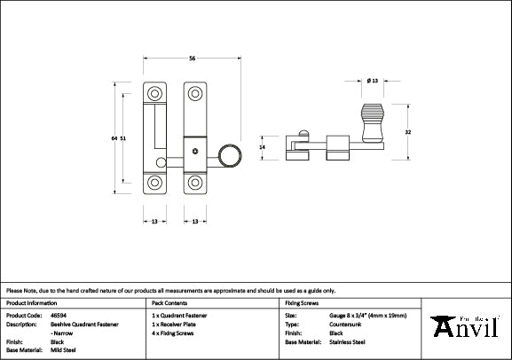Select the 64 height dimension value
coord(114,138)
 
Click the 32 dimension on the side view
coord(408,132)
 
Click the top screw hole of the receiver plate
coord(155,92)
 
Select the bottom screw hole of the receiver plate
coord(155,184)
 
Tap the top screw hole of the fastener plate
coord(193,92)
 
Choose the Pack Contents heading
coord(168,302)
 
